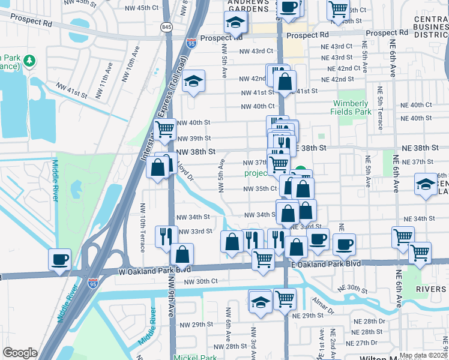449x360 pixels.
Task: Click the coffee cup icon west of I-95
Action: click(x=59, y=259)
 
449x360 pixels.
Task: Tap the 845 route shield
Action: click(x=166, y=27)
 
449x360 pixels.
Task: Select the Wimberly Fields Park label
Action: click(x=351, y=107)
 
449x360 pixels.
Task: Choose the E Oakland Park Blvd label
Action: click(x=326, y=263)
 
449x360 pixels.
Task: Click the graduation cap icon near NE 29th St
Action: click(x=260, y=301)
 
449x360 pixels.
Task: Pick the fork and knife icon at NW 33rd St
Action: click(x=166, y=236)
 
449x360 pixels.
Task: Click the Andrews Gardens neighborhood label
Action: click(x=249, y=6)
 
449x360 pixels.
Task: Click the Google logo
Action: click(x=20, y=353)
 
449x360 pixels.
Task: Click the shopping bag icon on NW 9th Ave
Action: click(x=181, y=255)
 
